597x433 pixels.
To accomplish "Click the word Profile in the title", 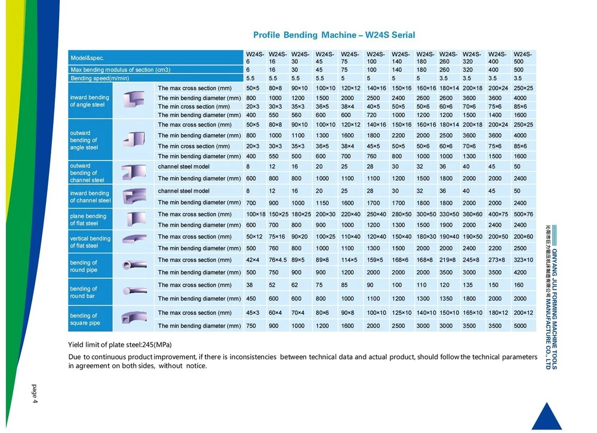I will [269, 35].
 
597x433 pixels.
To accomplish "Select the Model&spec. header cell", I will [87, 58].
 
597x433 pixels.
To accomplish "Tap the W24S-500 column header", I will [522, 58].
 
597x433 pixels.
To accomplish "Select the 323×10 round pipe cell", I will [523, 260].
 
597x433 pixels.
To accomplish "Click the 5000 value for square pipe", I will [521, 326].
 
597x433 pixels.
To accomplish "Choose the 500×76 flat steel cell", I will [523, 214].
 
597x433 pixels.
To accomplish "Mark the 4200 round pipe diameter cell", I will [521, 273].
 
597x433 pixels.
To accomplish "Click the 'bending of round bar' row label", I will [83, 292].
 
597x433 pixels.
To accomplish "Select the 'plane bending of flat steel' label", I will [88, 219].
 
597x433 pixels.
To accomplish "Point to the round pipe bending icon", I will [135, 265].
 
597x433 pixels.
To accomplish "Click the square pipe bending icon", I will [135, 319].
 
